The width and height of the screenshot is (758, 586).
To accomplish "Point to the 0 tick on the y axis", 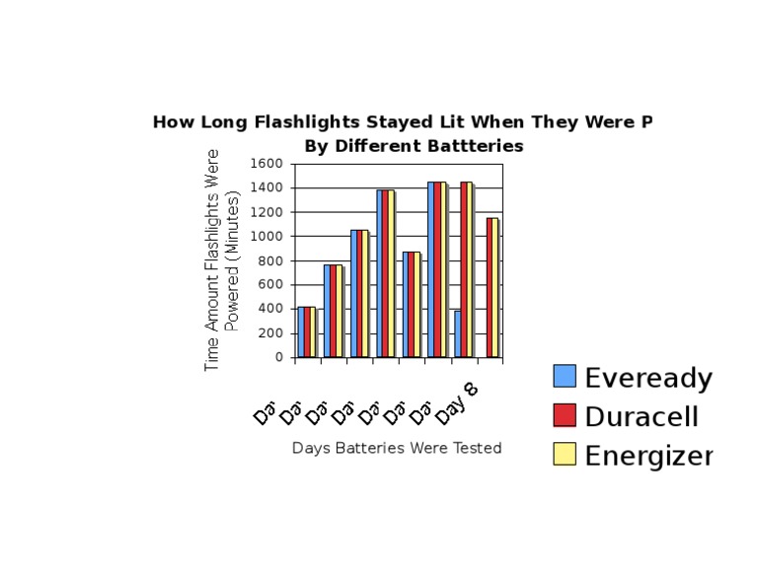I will tap(280, 358).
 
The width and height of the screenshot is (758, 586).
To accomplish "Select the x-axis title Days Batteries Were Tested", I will tap(397, 448).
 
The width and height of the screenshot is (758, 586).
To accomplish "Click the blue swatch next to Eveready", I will tap(565, 376).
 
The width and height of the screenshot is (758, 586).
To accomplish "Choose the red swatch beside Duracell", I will tap(565, 415).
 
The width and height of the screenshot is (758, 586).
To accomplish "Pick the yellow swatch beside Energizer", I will tap(565, 454).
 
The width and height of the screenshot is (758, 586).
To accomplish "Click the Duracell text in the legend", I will tap(642, 416).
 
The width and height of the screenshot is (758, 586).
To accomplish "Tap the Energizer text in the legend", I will tap(648, 455).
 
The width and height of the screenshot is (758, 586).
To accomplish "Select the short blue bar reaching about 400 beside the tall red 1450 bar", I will tap(458, 333).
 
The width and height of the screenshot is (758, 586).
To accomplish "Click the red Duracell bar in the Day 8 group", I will tap(489, 287).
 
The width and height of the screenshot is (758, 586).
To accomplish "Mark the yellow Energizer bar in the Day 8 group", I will tap(495, 287).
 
